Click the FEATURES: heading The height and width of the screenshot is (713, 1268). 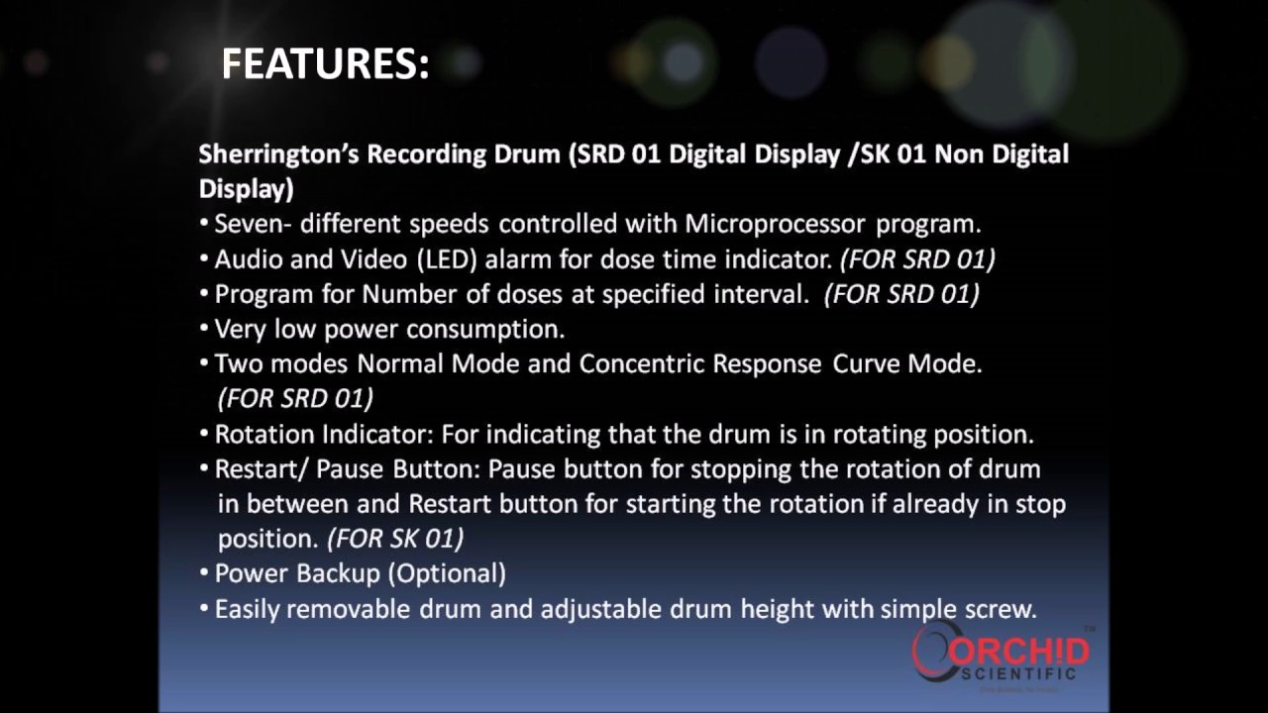tap(325, 64)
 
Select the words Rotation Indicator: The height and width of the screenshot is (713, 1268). tap(324, 434)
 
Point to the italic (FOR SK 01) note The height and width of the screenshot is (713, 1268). tap(395, 539)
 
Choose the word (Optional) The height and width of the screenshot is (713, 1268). tap(447, 573)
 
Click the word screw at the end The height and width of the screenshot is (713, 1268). tap(1002, 609)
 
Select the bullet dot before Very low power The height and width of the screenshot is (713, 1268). tap(205, 329)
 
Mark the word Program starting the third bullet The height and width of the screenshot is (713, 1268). tap(257, 294)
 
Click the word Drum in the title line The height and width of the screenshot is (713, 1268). tap(526, 154)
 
